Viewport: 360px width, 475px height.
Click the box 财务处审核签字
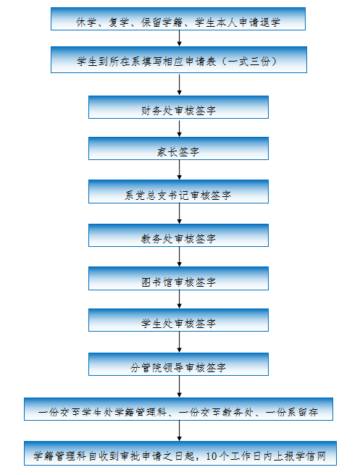coord(178,107)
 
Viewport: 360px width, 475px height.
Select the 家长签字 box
coord(178,148)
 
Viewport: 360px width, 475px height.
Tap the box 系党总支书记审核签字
coord(178,191)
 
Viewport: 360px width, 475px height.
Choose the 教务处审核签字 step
coord(178,235)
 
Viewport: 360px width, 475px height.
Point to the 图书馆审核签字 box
coord(178,278)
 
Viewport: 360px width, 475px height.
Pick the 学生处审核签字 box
coord(178,320)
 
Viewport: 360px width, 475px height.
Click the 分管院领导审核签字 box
coord(178,364)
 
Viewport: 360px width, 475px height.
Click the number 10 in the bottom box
coord(211,456)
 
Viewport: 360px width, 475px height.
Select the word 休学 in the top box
coord(86,22)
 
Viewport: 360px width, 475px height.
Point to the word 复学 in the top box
coord(119,22)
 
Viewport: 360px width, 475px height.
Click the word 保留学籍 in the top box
coord(162,22)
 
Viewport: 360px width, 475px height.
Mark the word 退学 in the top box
coord(270,22)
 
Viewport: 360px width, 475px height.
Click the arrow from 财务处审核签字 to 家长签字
coord(180,128)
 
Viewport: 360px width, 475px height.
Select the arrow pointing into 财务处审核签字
coord(180,85)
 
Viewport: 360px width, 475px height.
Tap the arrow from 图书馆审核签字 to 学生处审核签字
coord(180,299)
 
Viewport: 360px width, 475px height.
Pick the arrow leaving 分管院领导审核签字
coord(180,387)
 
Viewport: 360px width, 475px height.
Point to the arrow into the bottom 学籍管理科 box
coord(180,431)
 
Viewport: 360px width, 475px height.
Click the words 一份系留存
coord(291,412)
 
